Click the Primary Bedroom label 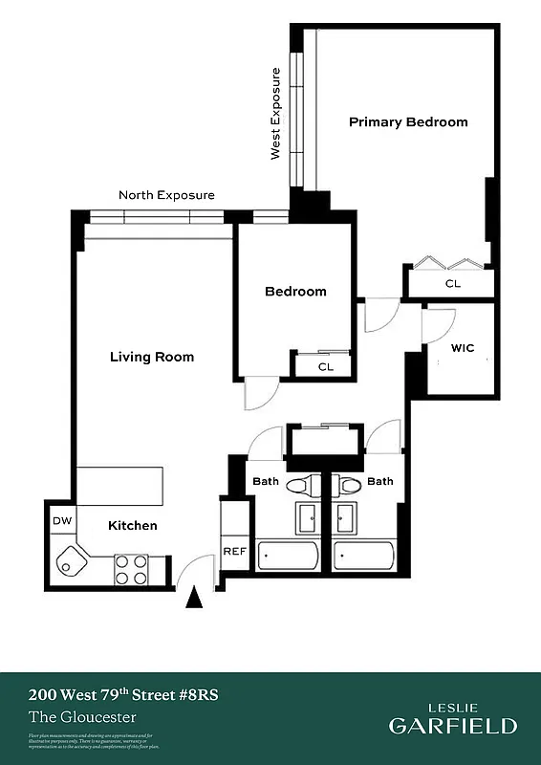coord(408,122)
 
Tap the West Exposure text coord(276,113)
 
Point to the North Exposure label coord(166,195)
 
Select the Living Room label coord(152,357)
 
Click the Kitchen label coord(132,526)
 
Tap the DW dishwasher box coord(62,521)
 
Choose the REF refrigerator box coord(234,552)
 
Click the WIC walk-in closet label coord(462,349)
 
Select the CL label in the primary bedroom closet coord(452,284)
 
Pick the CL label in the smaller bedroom coord(325,366)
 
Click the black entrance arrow coord(195,598)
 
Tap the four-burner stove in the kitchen coord(131,569)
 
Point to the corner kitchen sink coord(70,562)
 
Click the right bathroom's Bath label coord(379,482)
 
